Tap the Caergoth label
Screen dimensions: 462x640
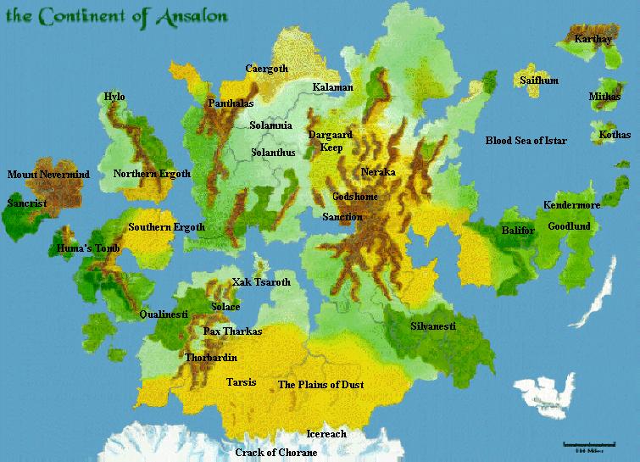(x=267, y=69)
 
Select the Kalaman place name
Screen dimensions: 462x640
(x=332, y=87)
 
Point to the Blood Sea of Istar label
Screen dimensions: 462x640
(x=526, y=140)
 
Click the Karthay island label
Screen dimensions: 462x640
(x=593, y=39)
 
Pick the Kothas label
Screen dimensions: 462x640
(x=615, y=135)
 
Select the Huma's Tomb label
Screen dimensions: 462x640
(x=88, y=249)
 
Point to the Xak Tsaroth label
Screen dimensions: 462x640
(x=261, y=282)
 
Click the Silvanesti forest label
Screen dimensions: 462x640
(x=433, y=326)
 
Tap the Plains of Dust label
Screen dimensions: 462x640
(x=321, y=385)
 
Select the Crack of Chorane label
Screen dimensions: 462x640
(x=276, y=453)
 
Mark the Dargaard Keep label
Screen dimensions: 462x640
(x=326, y=141)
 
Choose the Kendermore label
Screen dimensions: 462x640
(x=571, y=205)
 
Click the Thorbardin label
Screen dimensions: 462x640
(x=211, y=358)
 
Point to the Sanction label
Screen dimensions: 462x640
(x=342, y=218)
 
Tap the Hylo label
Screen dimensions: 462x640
(x=114, y=97)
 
